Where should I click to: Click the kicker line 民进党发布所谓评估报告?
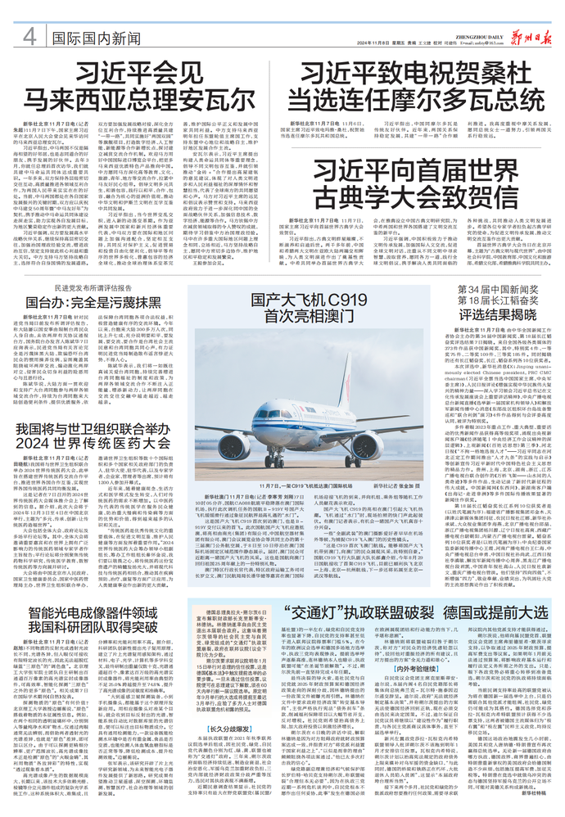click(103, 264)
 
